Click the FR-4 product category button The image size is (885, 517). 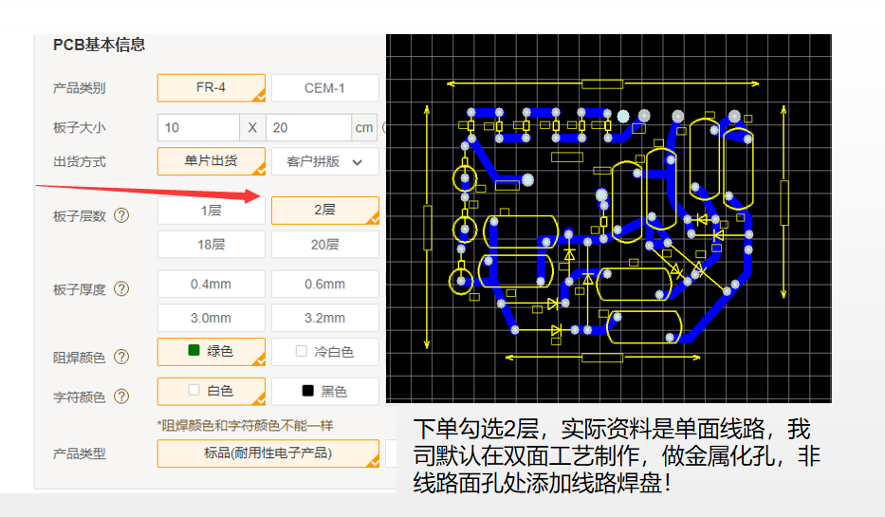pyautogui.click(x=211, y=88)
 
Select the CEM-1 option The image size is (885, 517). pyautogui.click(x=324, y=88)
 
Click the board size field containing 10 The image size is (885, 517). pyautogui.click(x=198, y=127)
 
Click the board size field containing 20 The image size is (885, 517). pyautogui.click(x=308, y=127)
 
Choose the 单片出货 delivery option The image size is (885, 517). pyautogui.click(x=211, y=161)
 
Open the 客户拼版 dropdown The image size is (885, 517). pyautogui.click(x=324, y=161)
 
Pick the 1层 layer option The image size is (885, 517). pyautogui.click(x=211, y=211)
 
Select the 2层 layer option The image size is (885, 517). pyautogui.click(x=324, y=211)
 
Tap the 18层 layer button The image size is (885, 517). pyautogui.click(x=211, y=245)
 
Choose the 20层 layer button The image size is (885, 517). pyautogui.click(x=324, y=245)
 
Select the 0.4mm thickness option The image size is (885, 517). pyautogui.click(x=211, y=284)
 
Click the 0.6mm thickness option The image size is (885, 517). pyautogui.click(x=324, y=284)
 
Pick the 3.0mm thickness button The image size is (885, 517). pyautogui.click(x=211, y=318)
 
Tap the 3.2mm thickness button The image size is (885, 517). pyautogui.click(x=324, y=318)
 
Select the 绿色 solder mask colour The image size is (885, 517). pyautogui.click(x=211, y=351)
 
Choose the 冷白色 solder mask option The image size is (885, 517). pyautogui.click(x=324, y=352)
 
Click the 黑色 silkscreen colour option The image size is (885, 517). pyautogui.click(x=324, y=391)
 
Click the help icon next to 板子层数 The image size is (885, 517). pyautogui.click(x=121, y=215)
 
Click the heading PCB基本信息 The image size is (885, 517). pyautogui.click(x=99, y=45)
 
